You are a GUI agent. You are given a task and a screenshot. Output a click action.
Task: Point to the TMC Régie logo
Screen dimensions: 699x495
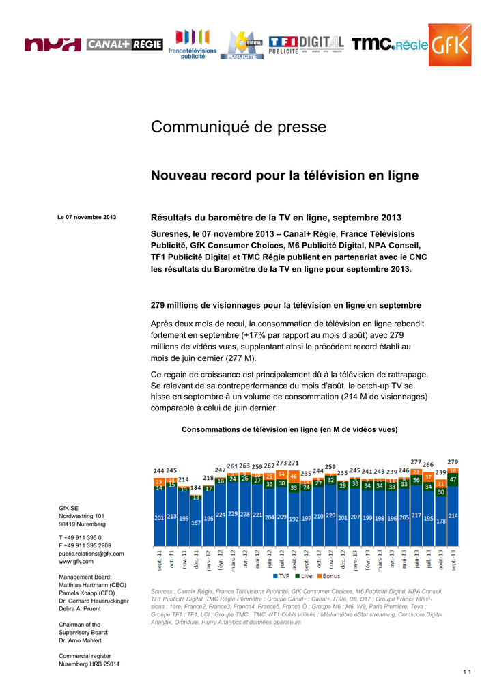click(390, 45)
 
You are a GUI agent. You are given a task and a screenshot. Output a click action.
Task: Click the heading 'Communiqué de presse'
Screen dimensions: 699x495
click(238, 127)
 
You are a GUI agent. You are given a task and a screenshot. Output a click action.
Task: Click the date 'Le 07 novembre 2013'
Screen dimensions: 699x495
click(87, 217)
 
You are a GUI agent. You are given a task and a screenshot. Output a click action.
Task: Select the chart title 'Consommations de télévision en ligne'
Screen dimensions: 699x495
click(289, 429)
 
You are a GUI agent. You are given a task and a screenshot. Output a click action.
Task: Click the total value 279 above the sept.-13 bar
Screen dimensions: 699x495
click(453, 461)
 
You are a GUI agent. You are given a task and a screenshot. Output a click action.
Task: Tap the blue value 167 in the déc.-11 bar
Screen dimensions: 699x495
click(196, 522)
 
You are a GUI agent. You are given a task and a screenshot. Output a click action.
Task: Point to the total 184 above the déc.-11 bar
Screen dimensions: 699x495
click(196, 488)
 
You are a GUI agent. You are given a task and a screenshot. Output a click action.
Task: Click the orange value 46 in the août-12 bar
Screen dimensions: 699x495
click(294, 476)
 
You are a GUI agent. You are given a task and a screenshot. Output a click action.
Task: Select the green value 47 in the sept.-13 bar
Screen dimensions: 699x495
click(453, 479)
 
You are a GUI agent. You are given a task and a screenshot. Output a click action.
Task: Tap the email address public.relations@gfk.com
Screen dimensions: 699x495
click(91, 554)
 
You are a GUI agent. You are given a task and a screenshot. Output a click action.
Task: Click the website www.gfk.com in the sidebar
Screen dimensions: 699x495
click(76, 562)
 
